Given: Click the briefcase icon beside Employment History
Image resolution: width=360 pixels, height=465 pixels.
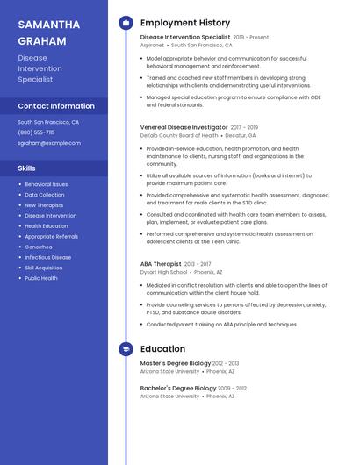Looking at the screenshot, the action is coord(126,23).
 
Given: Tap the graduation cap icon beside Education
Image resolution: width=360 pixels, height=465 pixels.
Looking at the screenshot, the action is coord(126,349).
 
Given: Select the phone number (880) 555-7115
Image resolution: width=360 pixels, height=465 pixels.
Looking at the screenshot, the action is coord(36,132).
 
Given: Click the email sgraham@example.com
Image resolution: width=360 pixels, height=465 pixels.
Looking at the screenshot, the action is coord(49,143).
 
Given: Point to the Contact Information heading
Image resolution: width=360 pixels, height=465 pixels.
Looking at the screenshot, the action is coord(57,106).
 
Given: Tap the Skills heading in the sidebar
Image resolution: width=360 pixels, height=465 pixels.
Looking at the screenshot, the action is coord(27,168).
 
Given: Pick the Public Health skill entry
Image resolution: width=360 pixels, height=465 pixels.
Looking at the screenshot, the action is coord(41,278).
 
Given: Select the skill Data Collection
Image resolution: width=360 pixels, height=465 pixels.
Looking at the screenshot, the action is coord(44,195).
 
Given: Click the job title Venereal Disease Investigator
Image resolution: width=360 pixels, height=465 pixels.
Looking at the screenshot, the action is coord(184,127).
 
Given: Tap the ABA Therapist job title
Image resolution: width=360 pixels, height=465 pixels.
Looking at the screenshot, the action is coord(161,264).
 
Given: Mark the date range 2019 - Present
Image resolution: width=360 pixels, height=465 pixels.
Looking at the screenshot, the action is coord(251,38).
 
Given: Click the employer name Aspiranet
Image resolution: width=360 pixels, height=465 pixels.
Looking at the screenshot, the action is coord(152,45).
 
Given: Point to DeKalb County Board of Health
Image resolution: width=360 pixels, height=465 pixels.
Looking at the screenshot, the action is coord(179,136).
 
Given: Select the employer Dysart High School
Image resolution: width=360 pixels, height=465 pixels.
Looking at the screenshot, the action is coord(163,272).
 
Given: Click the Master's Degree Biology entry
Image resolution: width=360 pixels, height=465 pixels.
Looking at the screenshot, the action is coord(176,363).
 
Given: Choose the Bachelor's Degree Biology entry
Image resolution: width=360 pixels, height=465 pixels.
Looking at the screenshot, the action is coord(178,388).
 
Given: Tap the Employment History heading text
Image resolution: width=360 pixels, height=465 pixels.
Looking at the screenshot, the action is coord(185,23).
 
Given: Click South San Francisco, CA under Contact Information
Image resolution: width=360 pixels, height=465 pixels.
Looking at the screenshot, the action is coord(48,123).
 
